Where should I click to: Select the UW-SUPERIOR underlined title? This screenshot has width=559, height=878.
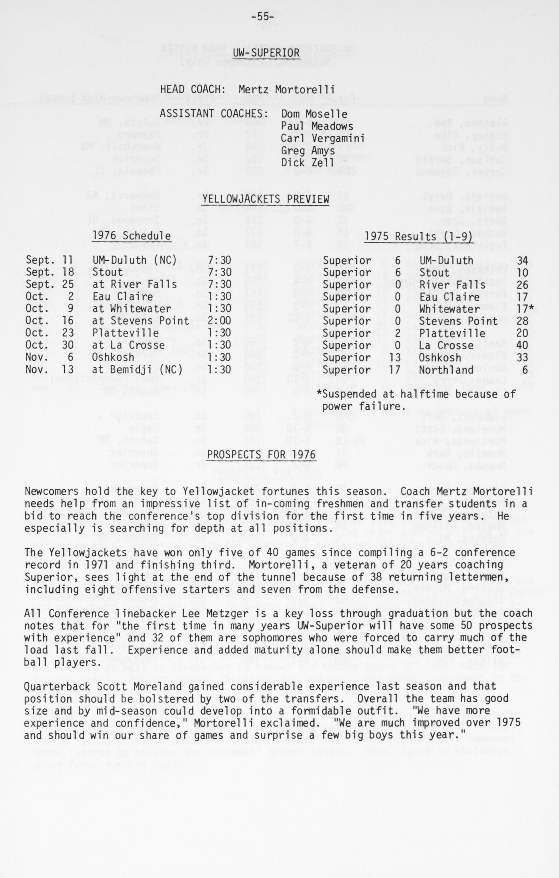266,53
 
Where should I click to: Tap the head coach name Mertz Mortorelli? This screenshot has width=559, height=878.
286,89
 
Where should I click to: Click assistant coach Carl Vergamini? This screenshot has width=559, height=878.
322,139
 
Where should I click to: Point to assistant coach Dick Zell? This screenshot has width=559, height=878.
308,163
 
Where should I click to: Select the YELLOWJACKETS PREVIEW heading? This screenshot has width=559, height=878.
266,199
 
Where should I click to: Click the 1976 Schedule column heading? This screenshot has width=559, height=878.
132,236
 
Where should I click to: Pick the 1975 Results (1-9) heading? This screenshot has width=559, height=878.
419,236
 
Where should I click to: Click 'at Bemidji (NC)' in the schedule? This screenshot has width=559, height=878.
137,370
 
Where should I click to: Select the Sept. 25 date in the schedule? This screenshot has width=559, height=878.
50,284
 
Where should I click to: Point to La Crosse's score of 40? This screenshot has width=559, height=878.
522,345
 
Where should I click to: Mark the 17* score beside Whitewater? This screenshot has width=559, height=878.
524,309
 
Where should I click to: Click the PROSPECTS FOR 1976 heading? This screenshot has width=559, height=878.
261,455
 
